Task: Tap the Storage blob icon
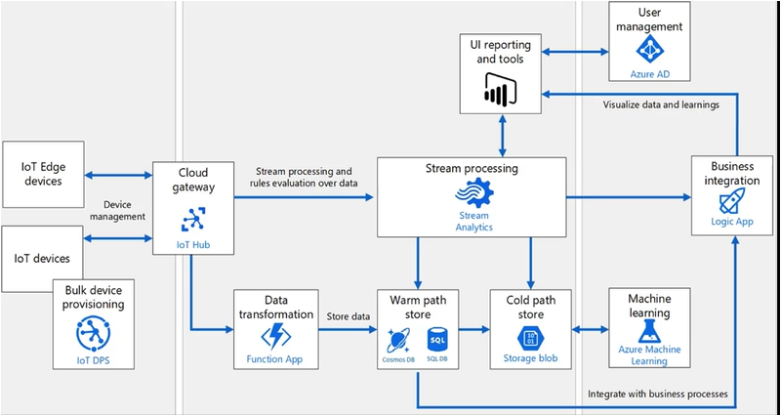pyautogui.click(x=530, y=339)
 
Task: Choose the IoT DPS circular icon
pyautogui.click(x=94, y=335)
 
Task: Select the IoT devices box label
pyautogui.click(x=42, y=259)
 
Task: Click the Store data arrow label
pyautogui.click(x=347, y=315)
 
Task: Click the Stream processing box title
pyautogui.click(x=473, y=168)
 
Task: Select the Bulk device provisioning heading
pyautogui.click(x=94, y=297)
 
